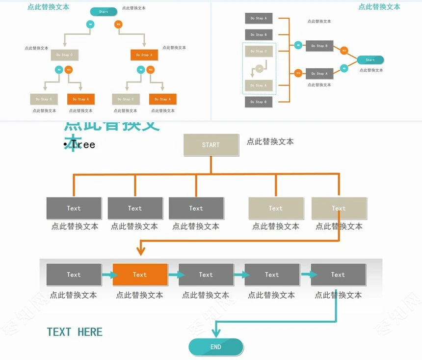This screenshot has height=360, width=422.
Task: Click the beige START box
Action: [x=211, y=145]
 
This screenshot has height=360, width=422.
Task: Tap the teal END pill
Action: [x=216, y=347]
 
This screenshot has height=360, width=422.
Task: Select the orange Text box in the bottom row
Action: [x=140, y=275]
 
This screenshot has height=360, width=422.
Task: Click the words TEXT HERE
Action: [x=75, y=332]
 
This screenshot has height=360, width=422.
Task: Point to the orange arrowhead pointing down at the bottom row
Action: [x=141, y=251]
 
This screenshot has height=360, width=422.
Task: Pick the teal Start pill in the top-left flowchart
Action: [x=104, y=12]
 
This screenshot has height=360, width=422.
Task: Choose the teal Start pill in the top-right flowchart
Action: [x=370, y=60]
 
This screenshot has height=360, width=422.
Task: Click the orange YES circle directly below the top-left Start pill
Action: [x=118, y=24]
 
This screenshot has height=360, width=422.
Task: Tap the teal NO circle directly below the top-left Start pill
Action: [x=90, y=24]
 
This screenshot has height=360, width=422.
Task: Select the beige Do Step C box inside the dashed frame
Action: [x=259, y=51]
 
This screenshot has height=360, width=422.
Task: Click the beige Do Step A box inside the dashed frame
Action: [x=259, y=85]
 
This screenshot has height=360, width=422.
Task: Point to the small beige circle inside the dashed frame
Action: [x=259, y=69]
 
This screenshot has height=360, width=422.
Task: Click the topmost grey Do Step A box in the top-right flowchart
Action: [x=259, y=18]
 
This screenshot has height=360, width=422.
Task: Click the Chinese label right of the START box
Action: [x=270, y=141]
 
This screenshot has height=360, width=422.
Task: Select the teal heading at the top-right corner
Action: [x=379, y=7]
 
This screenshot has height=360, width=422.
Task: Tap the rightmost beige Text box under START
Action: [x=339, y=208]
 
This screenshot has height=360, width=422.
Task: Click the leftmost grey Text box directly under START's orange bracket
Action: [x=74, y=208]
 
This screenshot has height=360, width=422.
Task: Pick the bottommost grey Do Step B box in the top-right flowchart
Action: [x=259, y=102]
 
